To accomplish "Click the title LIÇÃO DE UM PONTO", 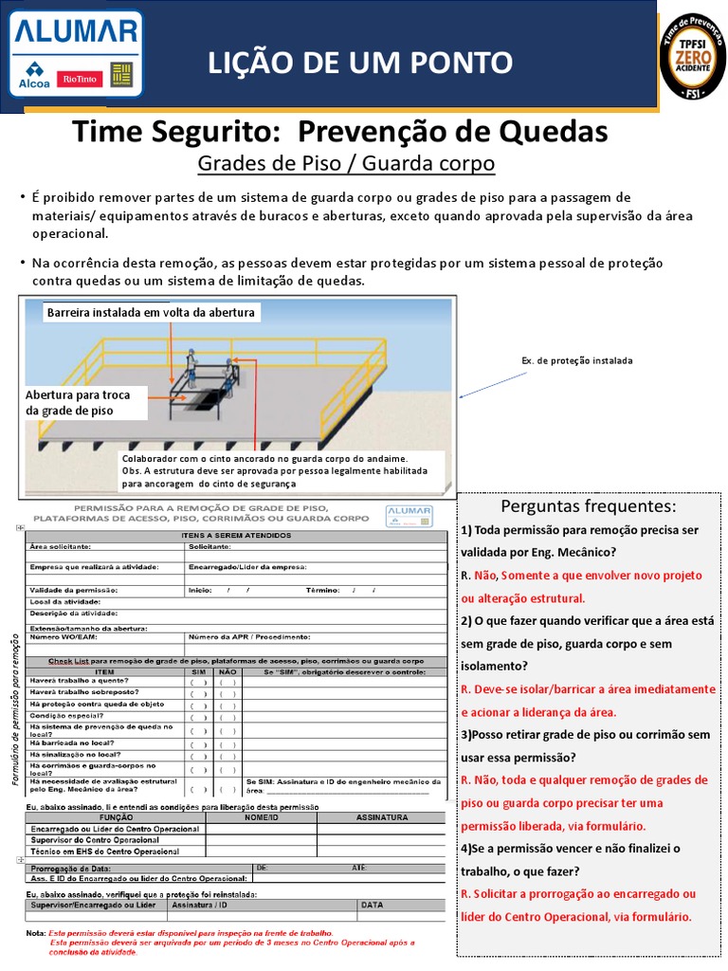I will pyautogui.click(x=360, y=63).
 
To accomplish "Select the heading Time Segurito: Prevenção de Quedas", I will pyautogui.click(x=340, y=131).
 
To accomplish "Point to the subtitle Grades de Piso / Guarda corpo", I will pyautogui.click(x=346, y=164).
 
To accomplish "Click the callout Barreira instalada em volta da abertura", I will pyautogui.click(x=151, y=312).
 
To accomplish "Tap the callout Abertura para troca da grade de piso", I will pyautogui.click(x=84, y=402).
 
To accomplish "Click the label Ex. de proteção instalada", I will pyautogui.click(x=576, y=360).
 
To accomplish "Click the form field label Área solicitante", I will pyautogui.click(x=61, y=547).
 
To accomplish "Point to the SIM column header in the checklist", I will pyautogui.click(x=198, y=671).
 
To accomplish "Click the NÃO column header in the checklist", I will pyautogui.click(x=227, y=671).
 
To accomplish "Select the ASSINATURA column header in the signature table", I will pyautogui.click(x=382, y=816).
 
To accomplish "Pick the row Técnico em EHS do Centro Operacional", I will pyautogui.click(x=105, y=851).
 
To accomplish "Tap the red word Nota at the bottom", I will pyautogui.click(x=36, y=933).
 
